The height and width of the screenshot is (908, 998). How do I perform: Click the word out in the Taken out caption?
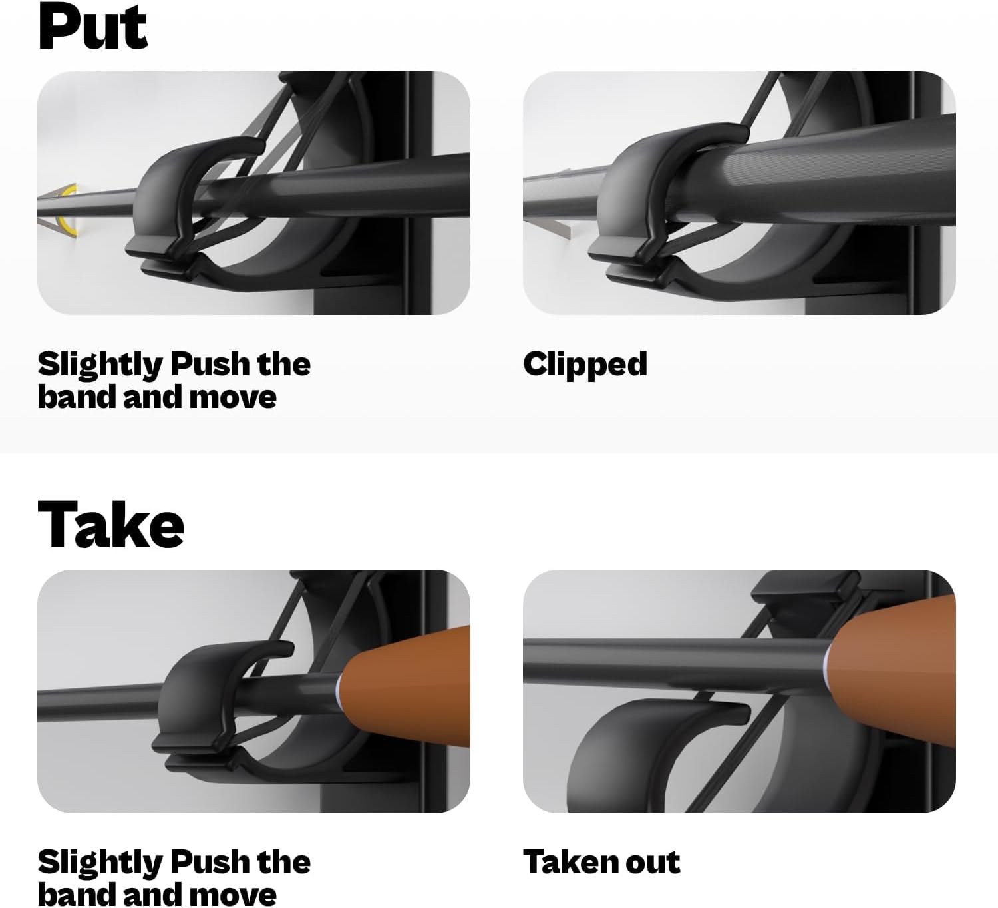click(650, 863)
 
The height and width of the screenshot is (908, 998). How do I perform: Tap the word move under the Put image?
click(233, 398)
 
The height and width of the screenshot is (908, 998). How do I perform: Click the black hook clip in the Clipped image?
click(647, 199)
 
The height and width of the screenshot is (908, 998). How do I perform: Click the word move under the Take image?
click(233, 896)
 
